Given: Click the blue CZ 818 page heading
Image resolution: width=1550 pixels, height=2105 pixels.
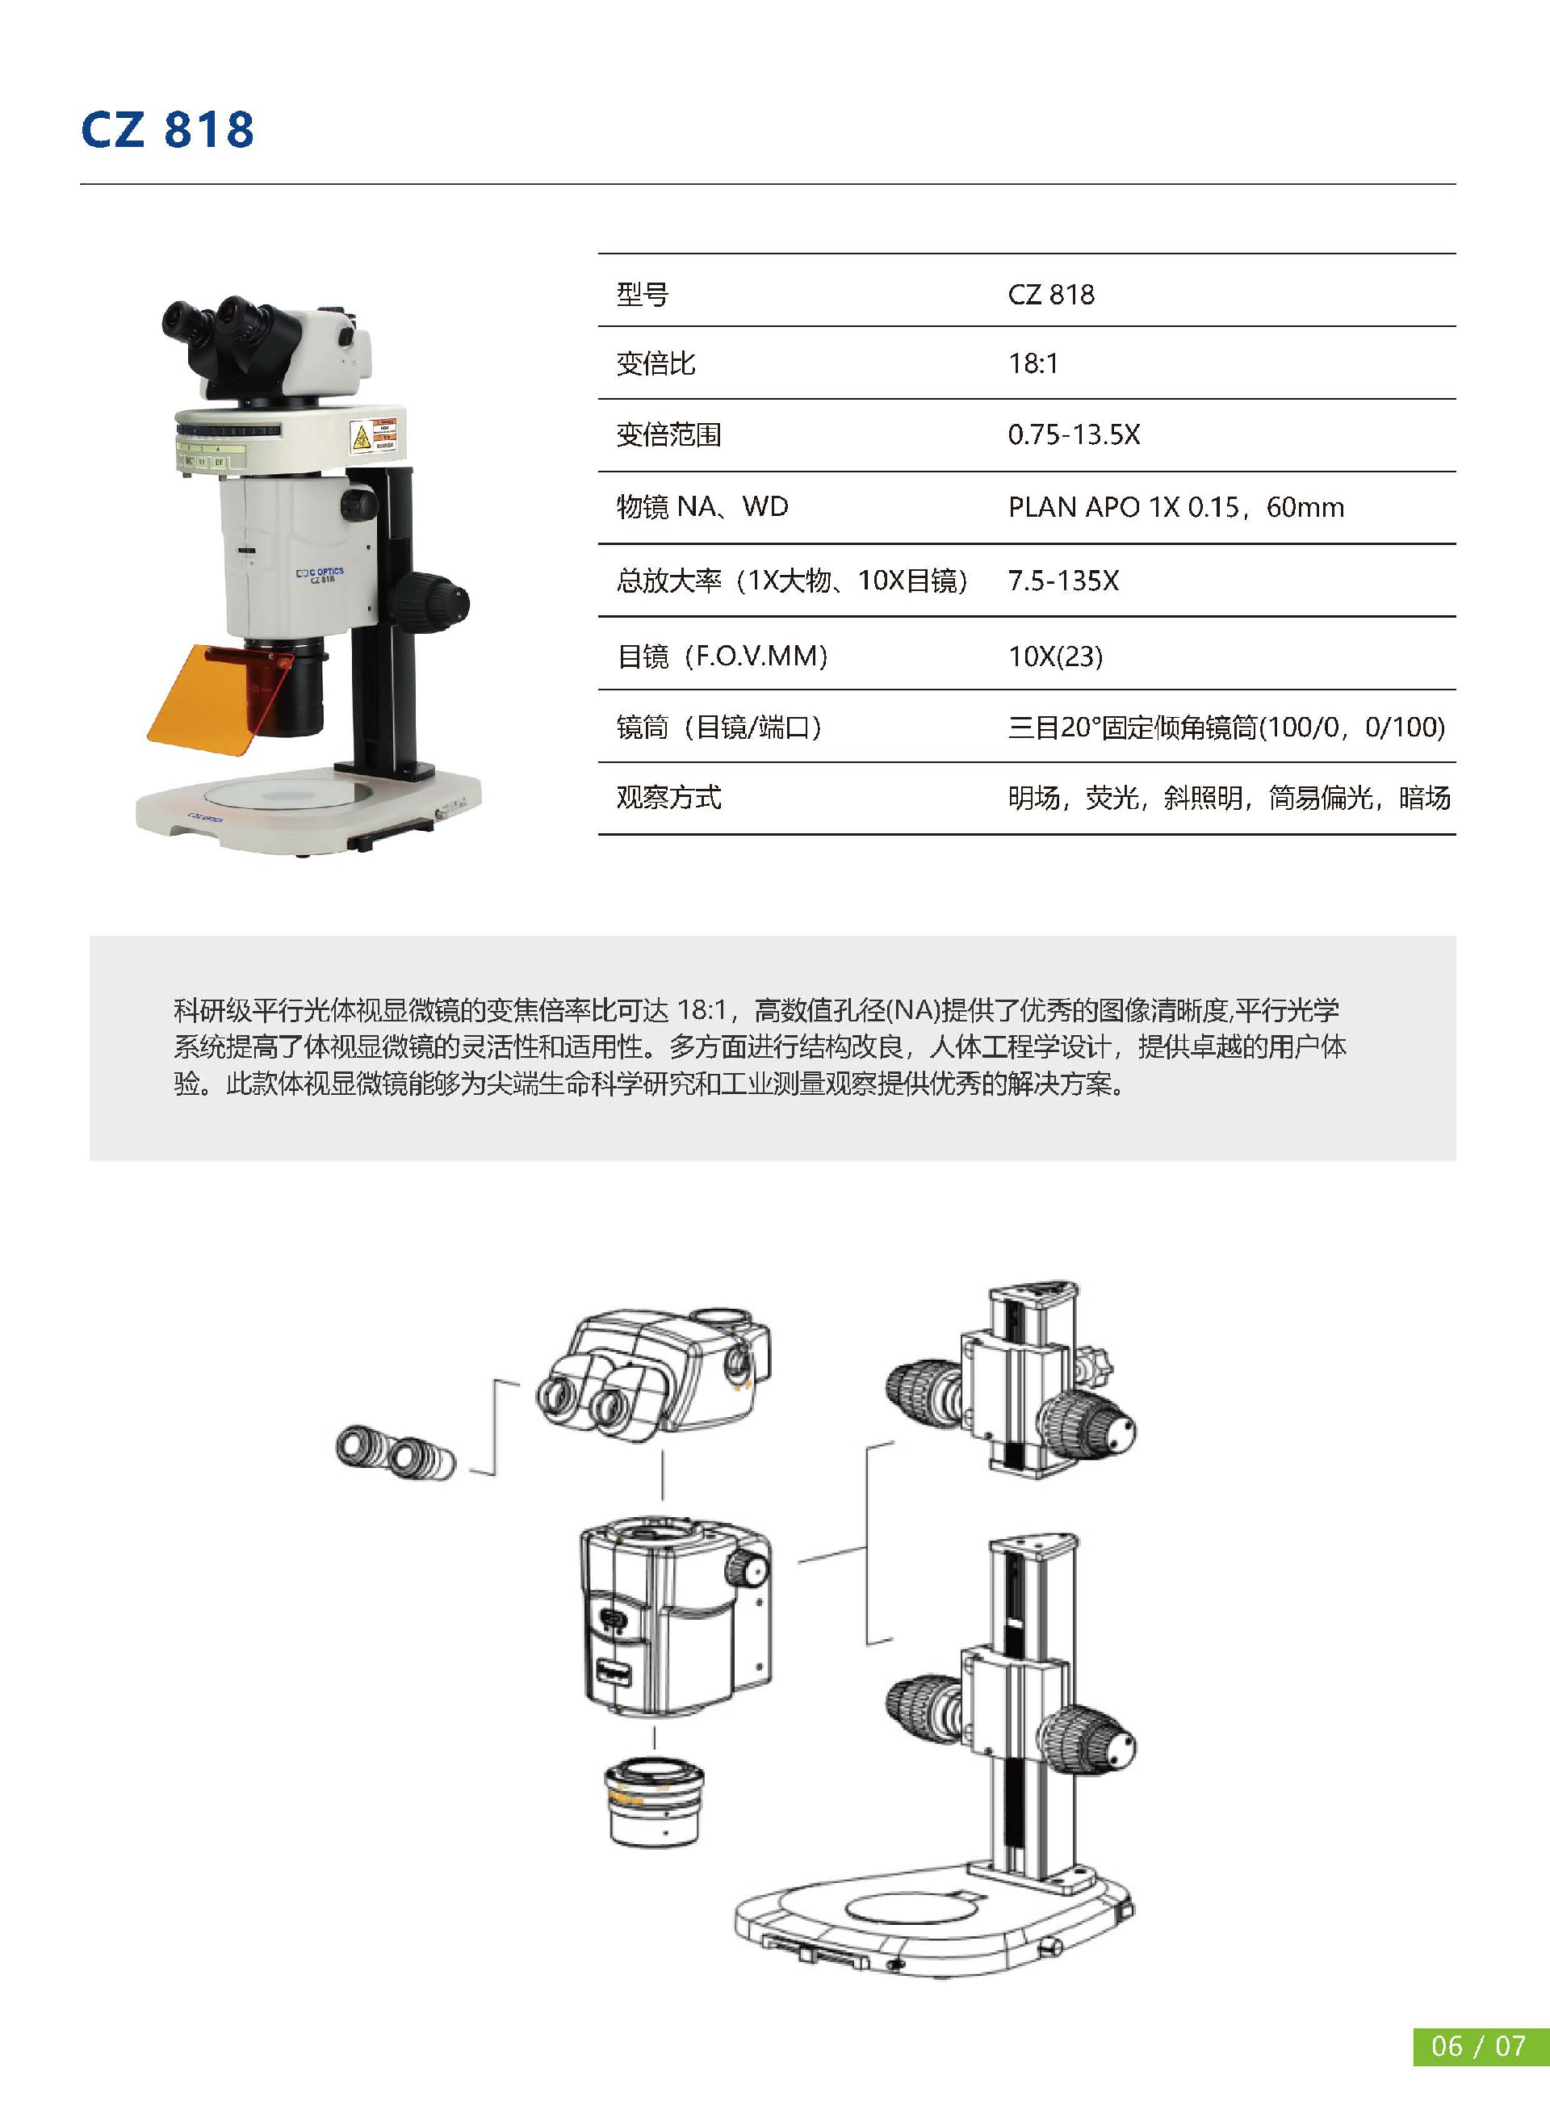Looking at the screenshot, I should [x=167, y=129].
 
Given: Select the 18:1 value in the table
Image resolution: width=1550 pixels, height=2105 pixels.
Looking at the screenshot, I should [x=1033, y=363].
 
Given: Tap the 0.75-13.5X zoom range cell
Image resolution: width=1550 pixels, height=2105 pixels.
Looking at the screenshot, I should [x=1074, y=434].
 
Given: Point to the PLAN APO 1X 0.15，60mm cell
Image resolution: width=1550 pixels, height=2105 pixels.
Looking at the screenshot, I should [x=1175, y=508].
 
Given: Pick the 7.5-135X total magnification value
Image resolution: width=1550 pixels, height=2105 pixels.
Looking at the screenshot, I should [x=1063, y=581].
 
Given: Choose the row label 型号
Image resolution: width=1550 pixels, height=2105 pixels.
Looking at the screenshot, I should [x=643, y=295].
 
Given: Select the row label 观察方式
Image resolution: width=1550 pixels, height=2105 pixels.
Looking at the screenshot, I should [x=668, y=798].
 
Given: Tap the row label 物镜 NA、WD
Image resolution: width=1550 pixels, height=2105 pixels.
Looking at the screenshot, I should [x=702, y=508].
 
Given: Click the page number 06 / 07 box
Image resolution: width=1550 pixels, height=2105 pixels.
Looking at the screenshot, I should [x=1479, y=2045].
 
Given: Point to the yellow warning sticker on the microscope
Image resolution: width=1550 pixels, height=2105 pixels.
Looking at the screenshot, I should [x=359, y=438].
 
